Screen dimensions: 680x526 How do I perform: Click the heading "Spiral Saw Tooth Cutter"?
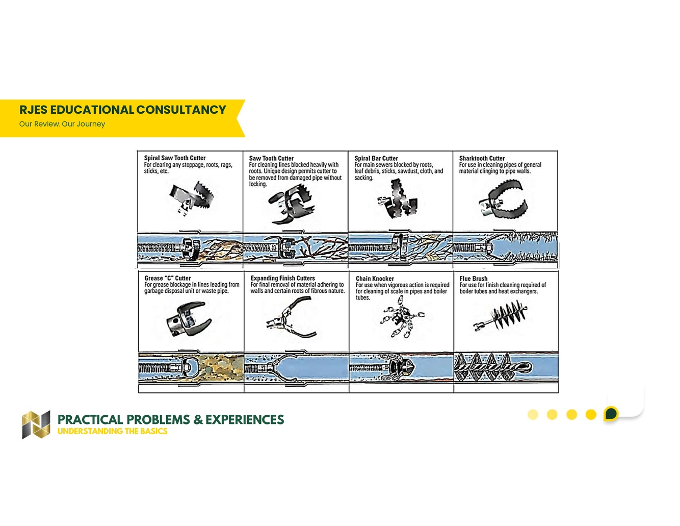click(x=175, y=158)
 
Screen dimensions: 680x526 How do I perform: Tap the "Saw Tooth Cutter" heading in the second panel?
click(x=271, y=158)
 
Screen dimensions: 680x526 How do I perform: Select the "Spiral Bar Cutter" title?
click(x=376, y=158)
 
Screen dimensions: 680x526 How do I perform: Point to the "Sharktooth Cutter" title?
click(x=482, y=158)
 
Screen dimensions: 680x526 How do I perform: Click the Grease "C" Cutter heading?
click(x=167, y=278)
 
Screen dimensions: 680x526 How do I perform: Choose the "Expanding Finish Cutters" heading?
click(x=282, y=278)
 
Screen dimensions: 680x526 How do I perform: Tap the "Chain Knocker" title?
click(x=375, y=279)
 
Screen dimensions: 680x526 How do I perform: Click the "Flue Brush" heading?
click(x=474, y=279)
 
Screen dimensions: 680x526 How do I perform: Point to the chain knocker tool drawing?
click(x=402, y=317)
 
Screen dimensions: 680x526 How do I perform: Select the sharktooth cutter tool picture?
click(x=503, y=199)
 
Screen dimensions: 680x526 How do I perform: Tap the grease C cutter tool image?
click(x=189, y=319)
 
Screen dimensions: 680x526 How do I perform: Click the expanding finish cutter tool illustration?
click(x=292, y=317)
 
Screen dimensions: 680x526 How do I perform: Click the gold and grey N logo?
click(x=36, y=424)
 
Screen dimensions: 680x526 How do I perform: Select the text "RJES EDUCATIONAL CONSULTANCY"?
click(x=123, y=110)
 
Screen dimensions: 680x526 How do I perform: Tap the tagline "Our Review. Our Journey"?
click(x=62, y=124)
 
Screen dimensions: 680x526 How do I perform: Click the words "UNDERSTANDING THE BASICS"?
click(x=112, y=431)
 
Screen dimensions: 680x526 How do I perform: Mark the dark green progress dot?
click(x=611, y=414)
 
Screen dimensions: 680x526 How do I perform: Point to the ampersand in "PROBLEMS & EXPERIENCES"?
click(x=198, y=419)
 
